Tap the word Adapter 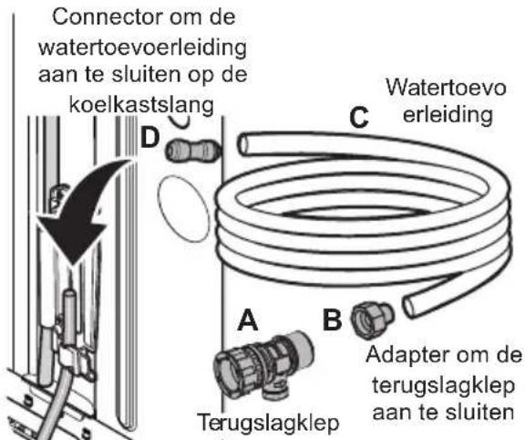pos(405,355)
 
